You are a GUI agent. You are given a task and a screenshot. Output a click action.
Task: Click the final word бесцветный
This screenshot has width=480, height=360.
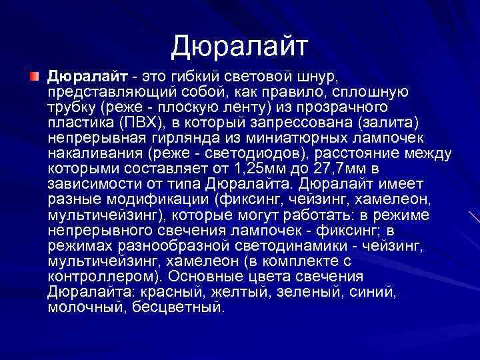point(179,307)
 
